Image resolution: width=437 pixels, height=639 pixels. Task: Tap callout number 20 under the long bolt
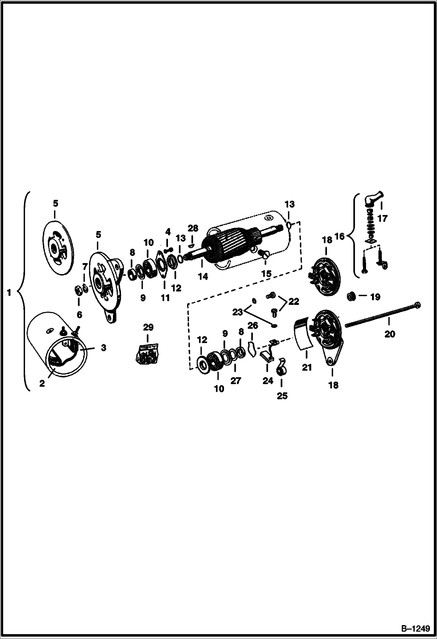(389, 334)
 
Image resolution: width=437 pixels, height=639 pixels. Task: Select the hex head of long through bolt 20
(417, 305)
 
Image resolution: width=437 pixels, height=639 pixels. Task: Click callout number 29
(148, 327)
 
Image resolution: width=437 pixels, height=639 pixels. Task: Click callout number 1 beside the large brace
(9, 292)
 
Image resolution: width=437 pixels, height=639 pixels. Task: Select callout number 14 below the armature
(203, 276)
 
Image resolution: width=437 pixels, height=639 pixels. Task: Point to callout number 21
(307, 368)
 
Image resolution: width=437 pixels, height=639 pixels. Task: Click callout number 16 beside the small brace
(340, 236)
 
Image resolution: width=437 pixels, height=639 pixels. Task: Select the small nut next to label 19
(351, 296)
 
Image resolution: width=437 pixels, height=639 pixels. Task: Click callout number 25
(282, 396)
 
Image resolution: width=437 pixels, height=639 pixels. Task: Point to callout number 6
(79, 315)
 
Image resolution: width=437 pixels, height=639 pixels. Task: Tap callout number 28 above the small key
(193, 228)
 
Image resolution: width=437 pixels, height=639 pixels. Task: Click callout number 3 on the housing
(103, 348)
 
